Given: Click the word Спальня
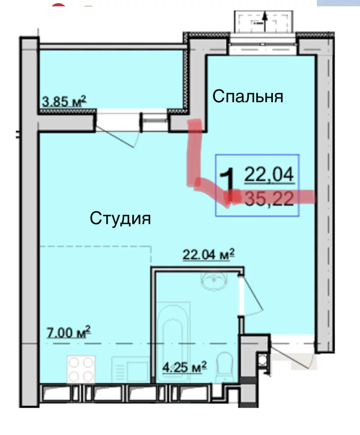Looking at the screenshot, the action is [x=248, y=97].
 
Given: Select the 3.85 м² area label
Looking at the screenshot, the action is [x=64, y=101].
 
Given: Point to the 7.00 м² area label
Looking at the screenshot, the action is [x=69, y=332].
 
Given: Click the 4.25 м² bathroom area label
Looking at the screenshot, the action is [x=185, y=367].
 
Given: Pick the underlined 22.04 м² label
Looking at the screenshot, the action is [x=209, y=254].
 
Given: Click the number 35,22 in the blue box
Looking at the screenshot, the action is [x=269, y=199].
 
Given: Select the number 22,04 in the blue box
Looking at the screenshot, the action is [x=269, y=175].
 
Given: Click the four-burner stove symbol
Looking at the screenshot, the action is [x=81, y=369].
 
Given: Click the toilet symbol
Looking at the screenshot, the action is [x=224, y=367].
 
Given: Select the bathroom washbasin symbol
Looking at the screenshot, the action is [x=214, y=281].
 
